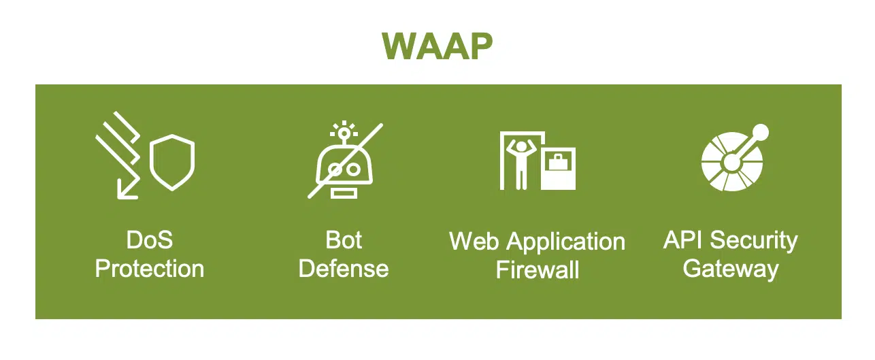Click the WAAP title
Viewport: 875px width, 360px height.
tap(437, 47)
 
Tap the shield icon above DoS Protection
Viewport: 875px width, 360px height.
tap(172, 163)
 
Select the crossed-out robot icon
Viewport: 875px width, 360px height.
tap(344, 161)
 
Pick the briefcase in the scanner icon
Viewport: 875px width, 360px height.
tap(558, 163)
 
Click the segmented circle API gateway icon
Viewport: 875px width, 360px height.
tap(732, 161)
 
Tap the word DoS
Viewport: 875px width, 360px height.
tap(150, 240)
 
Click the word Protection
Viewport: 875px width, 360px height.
tap(150, 268)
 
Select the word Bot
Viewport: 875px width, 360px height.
tap(344, 240)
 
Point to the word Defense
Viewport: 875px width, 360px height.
tap(344, 268)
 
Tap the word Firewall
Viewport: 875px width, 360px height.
tap(538, 270)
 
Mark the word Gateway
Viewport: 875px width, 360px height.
tap(731, 269)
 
